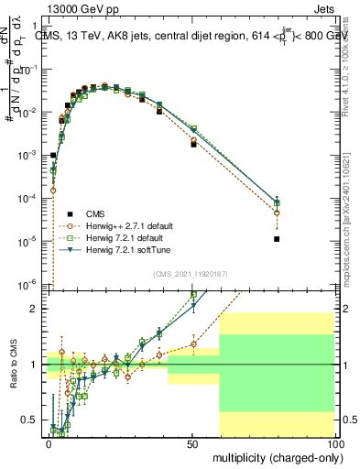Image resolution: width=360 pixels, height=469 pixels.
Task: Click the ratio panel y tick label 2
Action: point(34,310)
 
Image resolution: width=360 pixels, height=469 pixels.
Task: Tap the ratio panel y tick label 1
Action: point(34,365)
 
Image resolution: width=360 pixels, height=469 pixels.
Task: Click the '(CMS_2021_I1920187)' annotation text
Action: point(191,274)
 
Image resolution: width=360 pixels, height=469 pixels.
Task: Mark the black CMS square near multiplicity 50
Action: point(193,144)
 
